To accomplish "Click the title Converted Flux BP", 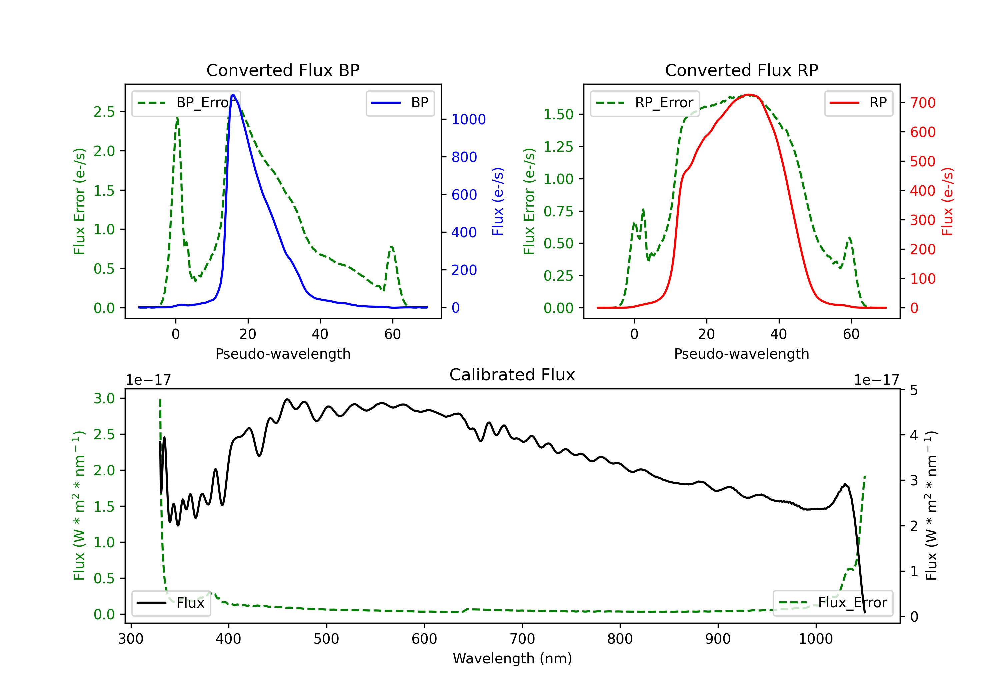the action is tap(283, 70).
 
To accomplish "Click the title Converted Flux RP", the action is tap(741, 70).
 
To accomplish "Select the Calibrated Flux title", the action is tap(512, 375).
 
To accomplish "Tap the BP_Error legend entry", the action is tap(186, 103).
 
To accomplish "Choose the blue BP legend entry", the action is tap(400, 103).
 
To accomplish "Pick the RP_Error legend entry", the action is tap(645, 103).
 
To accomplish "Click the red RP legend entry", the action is tap(858, 103).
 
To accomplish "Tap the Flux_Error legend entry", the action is tap(833, 603).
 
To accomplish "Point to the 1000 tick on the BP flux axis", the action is tap(469, 119).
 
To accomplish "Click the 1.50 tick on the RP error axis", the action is tap(558, 115).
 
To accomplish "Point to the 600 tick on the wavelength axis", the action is tap(424, 639).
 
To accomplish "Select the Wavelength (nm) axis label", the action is tap(512, 658).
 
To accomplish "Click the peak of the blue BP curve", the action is tap(233, 95).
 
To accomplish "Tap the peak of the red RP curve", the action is tap(749, 95).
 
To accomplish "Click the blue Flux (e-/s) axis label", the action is tap(498, 202).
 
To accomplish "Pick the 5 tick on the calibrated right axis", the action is tap(914, 390).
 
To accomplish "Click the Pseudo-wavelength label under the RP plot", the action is tap(741, 354).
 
